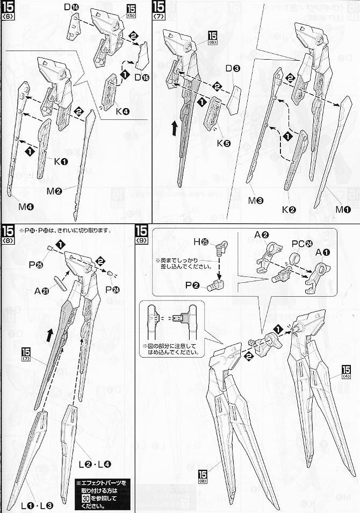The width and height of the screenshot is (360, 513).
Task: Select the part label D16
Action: [142, 79]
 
